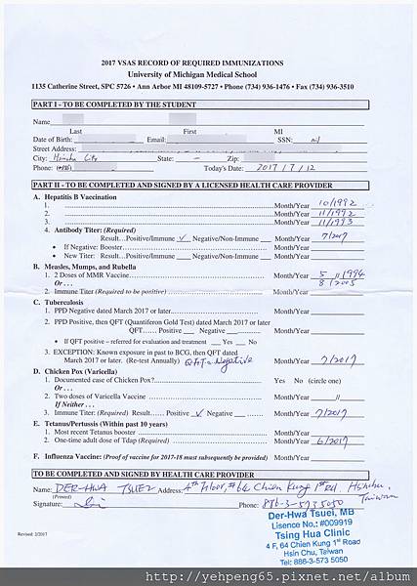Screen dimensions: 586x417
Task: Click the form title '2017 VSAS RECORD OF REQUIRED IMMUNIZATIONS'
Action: point(209,62)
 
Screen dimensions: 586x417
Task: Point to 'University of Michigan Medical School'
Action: point(209,72)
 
